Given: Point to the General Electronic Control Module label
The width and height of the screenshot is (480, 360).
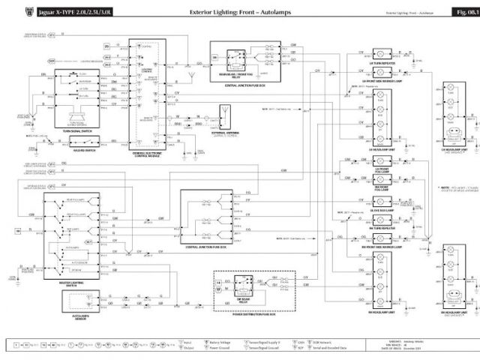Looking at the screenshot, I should (x=149, y=154).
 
